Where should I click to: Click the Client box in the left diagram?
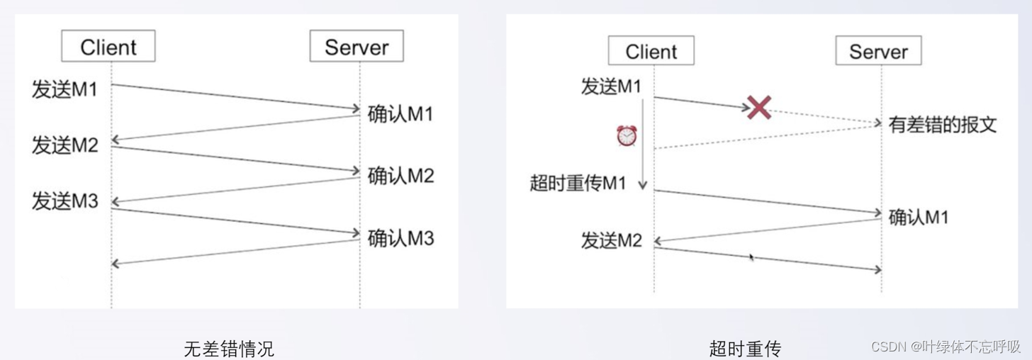point(108,47)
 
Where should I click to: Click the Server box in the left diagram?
point(357,47)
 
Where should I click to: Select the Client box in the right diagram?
point(651,51)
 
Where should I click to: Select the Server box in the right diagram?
point(878,51)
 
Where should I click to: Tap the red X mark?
point(759,108)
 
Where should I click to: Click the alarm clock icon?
point(627,135)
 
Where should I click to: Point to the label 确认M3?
point(400,238)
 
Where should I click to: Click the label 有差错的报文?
point(943,125)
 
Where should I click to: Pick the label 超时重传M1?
point(578,183)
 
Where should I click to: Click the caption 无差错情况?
point(228,349)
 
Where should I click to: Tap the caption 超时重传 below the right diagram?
point(744,349)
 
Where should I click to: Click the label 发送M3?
point(64,201)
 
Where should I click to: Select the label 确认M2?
point(400,176)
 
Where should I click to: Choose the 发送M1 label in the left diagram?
point(64,90)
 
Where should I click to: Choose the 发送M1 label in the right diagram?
point(611,87)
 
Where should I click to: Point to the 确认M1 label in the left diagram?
point(400,114)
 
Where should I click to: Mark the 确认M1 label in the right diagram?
point(919,217)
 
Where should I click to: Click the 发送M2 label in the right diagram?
point(611,241)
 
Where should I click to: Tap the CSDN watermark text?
point(945,347)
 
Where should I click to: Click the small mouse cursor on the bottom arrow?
point(751,257)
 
